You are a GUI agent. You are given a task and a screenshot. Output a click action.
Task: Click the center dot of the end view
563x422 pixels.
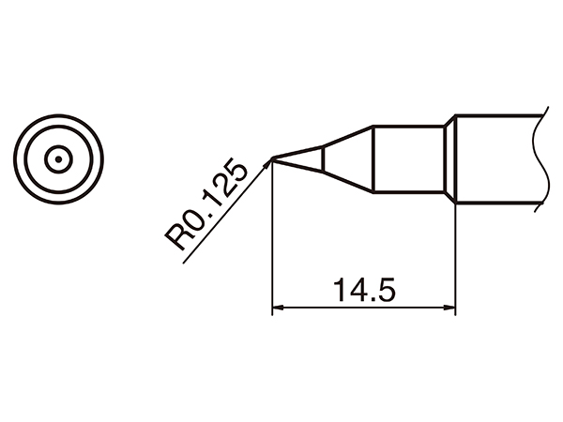(x=57, y=159)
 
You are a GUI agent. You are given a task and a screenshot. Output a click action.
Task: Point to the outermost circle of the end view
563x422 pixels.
(x=57, y=117)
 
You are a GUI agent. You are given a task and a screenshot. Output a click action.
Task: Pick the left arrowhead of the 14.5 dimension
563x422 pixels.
(x=278, y=309)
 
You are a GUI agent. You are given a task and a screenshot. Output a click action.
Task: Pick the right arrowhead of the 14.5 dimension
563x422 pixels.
(x=449, y=309)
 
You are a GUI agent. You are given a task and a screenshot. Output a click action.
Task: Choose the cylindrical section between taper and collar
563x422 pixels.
(x=408, y=159)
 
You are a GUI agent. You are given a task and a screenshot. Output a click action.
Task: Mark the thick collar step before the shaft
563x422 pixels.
(x=450, y=159)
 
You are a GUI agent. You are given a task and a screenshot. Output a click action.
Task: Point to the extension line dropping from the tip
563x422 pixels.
(x=272, y=244)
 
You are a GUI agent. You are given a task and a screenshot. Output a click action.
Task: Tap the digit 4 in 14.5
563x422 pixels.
(x=349, y=292)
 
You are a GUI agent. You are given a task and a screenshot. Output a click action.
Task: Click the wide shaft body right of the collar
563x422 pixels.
(x=497, y=159)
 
